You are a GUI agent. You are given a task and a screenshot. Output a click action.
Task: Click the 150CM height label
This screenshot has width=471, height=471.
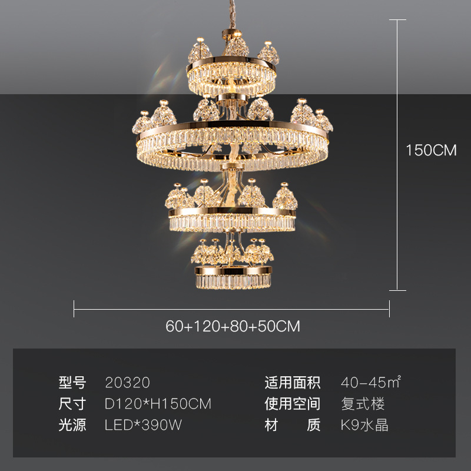[431, 150]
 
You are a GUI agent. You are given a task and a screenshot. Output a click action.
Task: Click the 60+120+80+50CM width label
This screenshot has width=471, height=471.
[233, 326]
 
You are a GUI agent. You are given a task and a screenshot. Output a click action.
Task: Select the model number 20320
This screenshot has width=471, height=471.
[127, 383]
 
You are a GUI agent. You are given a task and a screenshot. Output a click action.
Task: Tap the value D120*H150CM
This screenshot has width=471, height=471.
[158, 404]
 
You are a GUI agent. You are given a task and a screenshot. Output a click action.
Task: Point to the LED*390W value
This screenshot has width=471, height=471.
[144, 425]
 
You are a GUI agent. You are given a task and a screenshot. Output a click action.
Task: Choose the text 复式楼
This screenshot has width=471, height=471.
[363, 404]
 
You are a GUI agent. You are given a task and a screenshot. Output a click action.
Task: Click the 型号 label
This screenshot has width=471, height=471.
[72, 383]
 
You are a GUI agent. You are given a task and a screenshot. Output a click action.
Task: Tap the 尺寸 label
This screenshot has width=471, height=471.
[72, 404]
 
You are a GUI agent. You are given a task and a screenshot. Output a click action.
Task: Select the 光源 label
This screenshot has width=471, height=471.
[72, 425]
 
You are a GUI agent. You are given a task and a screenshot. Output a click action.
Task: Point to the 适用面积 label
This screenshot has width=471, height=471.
[293, 383]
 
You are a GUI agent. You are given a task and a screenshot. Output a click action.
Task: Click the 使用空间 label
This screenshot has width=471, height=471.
[293, 404]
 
